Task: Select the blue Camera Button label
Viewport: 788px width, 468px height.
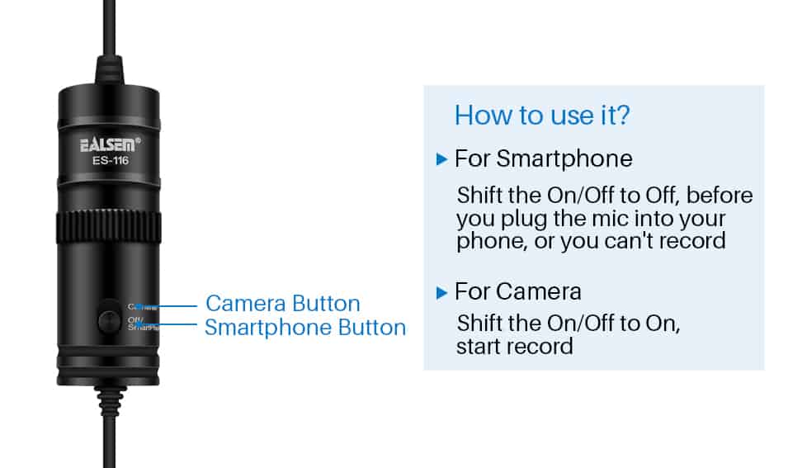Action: [282, 304]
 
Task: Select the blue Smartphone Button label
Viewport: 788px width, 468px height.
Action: [304, 328]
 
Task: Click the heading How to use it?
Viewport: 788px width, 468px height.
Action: [542, 115]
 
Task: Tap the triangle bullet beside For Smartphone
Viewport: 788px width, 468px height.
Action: [442, 158]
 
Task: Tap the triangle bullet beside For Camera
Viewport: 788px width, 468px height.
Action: [442, 292]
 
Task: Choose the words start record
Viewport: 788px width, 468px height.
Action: [514, 345]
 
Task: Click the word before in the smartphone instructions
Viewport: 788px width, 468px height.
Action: [720, 196]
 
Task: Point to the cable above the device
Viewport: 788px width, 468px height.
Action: [109, 33]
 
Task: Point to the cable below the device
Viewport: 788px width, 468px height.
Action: [109, 429]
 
